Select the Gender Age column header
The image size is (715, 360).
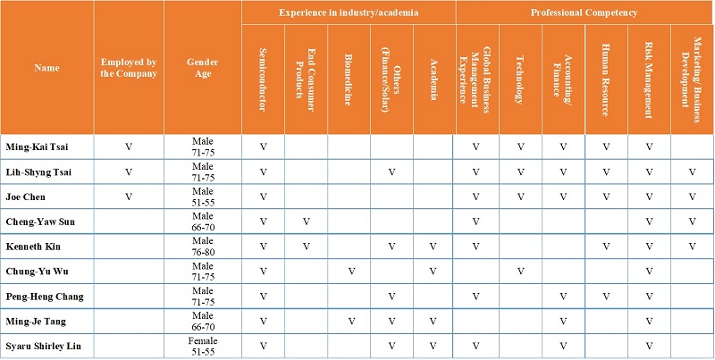tap(203, 68)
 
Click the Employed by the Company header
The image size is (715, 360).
tap(128, 68)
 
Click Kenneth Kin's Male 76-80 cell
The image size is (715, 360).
tap(203, 245)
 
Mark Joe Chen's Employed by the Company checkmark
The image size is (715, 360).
tap(128, 196)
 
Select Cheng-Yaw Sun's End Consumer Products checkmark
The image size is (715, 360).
tap(306, 220)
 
